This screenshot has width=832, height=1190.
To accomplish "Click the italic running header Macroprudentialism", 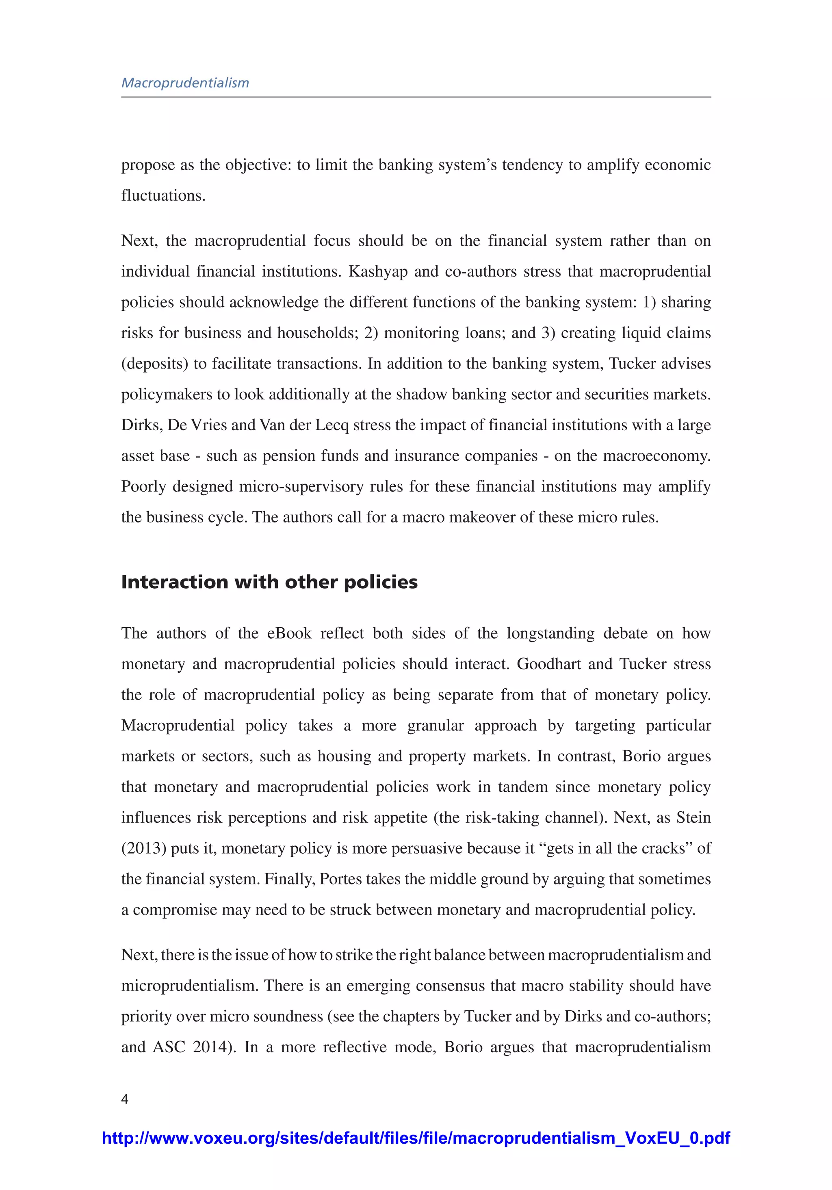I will [185, 83].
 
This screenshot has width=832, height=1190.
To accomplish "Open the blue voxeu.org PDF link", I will [416, 1138].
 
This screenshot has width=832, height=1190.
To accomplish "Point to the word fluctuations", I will [163, 195].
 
